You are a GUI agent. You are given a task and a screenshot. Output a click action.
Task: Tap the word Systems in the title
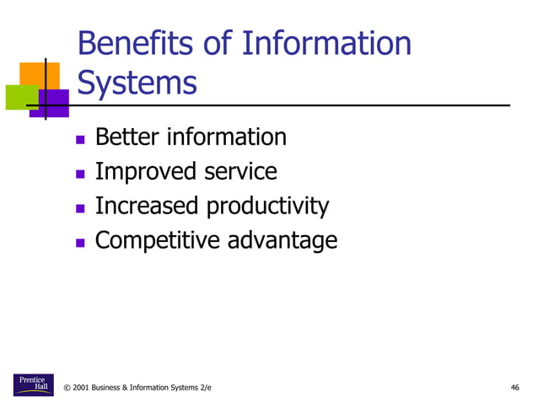pos(137,83)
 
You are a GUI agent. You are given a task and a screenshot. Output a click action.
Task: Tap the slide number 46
pos(514,388)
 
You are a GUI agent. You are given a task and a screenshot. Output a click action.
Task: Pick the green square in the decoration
pos(19,97)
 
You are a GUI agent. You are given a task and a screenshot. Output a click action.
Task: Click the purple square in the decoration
pos(55,103)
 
